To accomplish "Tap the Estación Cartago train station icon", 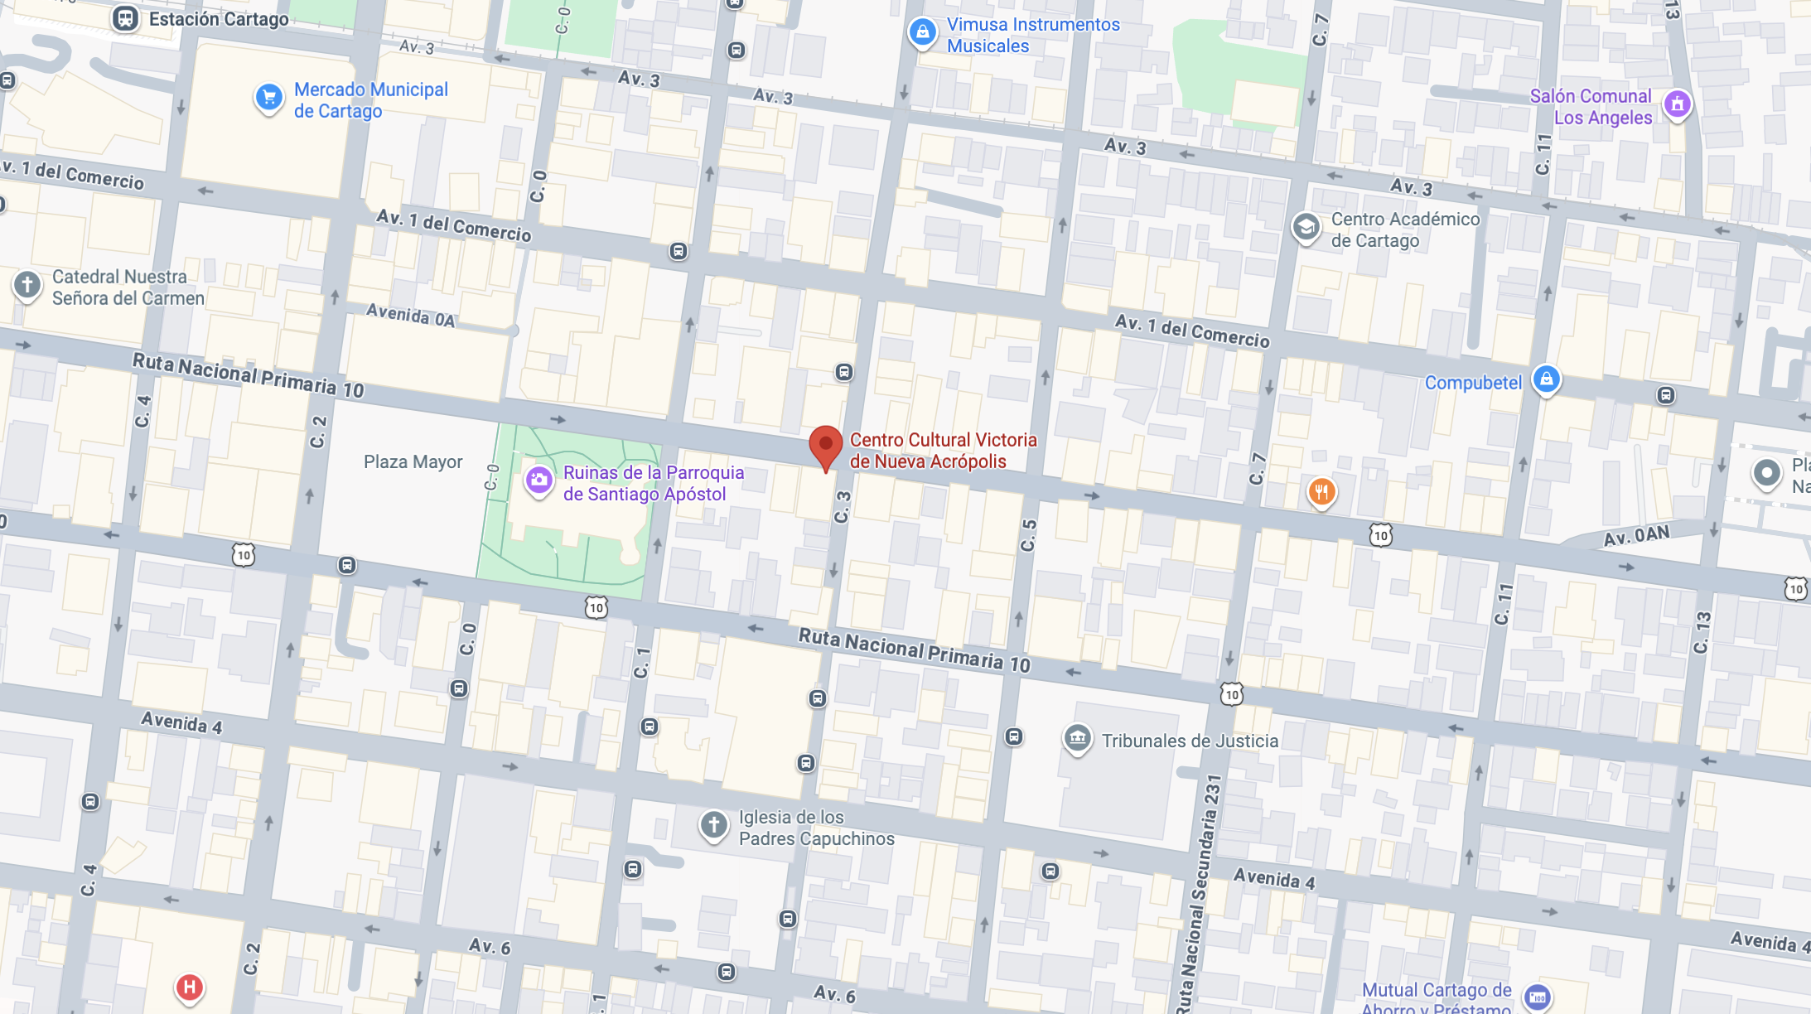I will [x=125, y=18].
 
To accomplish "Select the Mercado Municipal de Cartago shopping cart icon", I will [x=268, y=98].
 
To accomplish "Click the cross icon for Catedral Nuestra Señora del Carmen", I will [x=27, y=286].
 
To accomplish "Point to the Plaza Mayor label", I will [x=413, y=461].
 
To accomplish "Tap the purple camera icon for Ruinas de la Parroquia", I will [x=539, y=480].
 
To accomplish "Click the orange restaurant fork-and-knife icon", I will [x=1321, y=492].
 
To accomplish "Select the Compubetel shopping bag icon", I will [x=1546, y=380].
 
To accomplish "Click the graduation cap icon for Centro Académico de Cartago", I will [x=1306, y=227].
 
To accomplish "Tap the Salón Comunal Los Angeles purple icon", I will [x=1677, y=104].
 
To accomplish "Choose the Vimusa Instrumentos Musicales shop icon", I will [x=922, y=33].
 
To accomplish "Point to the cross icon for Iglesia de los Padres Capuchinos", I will [x=713, y=825].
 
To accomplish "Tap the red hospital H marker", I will [x=189, y=987].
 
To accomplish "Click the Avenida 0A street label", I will [x=410, y=316].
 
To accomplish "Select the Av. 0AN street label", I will [x=1636, y=536].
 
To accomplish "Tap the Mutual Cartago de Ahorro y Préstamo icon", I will [x=1538, y=997].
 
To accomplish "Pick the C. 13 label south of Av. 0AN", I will [x=1702, y=632].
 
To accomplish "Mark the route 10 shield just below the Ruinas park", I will [x=596, y=608].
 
